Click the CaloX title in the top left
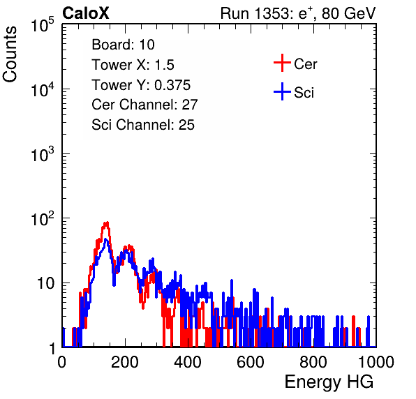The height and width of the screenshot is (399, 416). click(86, 13)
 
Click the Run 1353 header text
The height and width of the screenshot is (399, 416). click(298, 13)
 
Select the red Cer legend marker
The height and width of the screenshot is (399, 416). click(282, 63)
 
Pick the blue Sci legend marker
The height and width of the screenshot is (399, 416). click(282, 91)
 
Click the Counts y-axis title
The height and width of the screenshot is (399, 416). click(10, 54)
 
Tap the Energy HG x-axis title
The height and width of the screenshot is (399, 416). click(329, 382)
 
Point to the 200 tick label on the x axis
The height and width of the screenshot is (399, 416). click(125, 362)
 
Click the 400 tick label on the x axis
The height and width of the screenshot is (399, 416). click(188, 362)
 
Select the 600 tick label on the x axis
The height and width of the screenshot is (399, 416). click(251, 362)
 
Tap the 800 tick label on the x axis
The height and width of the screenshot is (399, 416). click(313, 362)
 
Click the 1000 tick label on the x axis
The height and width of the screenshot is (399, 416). click(376, 362)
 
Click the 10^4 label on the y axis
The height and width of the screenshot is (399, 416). click(43, 89)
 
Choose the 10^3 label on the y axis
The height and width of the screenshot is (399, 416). click(43, 154)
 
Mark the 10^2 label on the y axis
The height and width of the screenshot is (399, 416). click(43, 219)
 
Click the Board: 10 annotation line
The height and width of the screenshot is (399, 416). click(123, 45)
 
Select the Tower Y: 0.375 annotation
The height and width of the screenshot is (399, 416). click(141, 85)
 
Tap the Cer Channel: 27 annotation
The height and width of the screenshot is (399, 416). click(144, 105)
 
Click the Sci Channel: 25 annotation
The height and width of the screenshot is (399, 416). click(143, 125)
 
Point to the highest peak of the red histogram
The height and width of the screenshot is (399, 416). click(106, 223)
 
